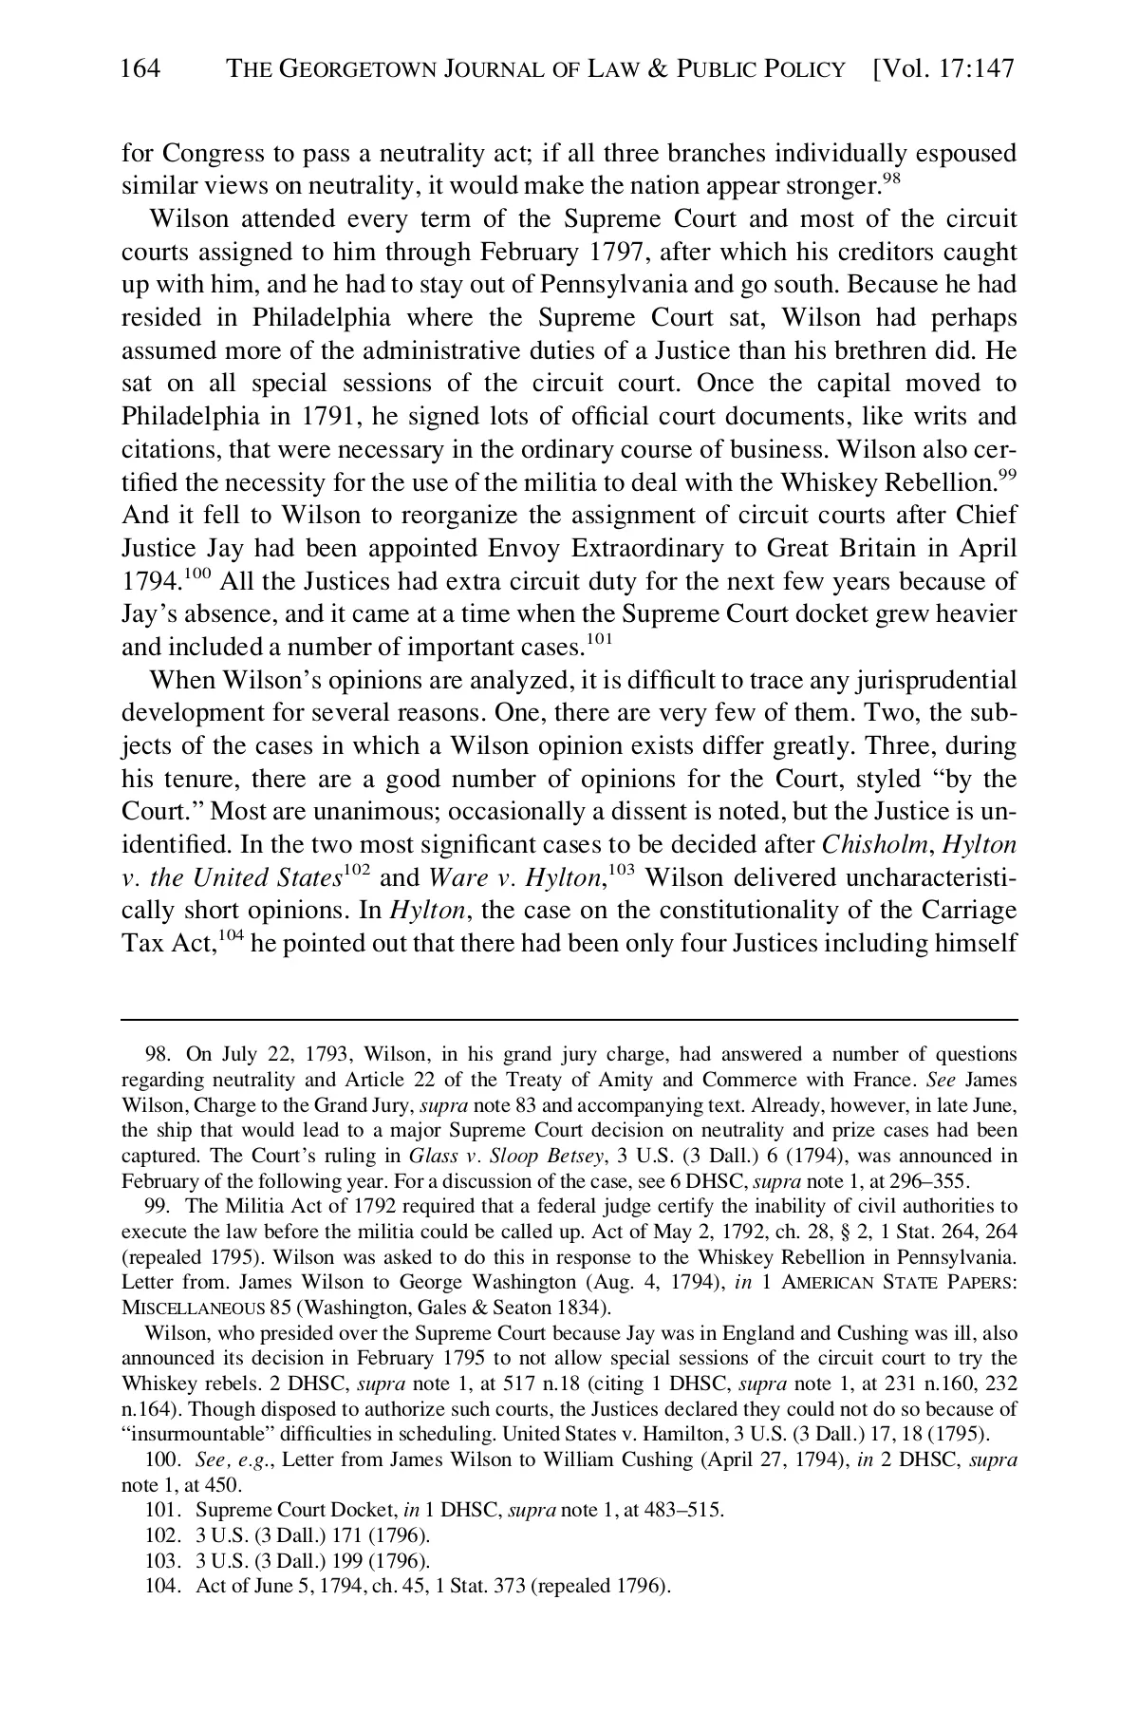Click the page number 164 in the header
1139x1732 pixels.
(140, 68)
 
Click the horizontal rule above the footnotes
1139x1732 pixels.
(569, 1020)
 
